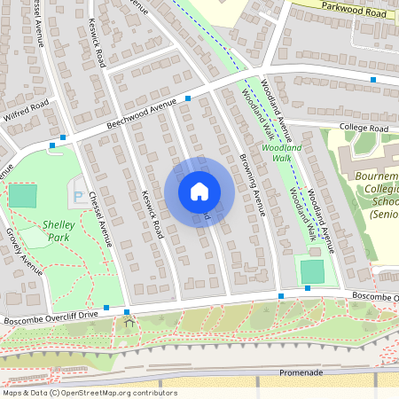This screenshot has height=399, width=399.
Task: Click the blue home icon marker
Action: click(199, 191)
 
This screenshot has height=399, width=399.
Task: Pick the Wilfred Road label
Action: click(27, 112)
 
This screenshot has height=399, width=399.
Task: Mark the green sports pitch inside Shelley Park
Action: click(23, 195)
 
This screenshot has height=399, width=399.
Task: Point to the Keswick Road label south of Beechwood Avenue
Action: click(153, 212)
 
